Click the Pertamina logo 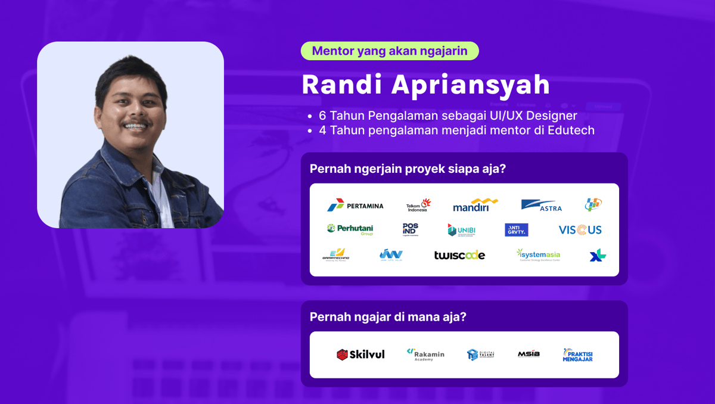(355, 206)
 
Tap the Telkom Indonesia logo (418, 205)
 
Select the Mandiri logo (475, 205)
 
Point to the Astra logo (541, 205)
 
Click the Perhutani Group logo (350, 229)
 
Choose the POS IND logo (411, 229)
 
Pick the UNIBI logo (461, 230)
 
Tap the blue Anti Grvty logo (516, 230)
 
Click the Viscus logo (580, 230)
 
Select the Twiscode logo (459, 255)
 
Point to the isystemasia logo (538, 255)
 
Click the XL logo (598, 255)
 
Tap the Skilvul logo (360, 355)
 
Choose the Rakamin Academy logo (425, 355)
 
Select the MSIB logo (529, 354)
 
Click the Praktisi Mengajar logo (577, 355)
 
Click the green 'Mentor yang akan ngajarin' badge (390, 51)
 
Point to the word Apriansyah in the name (470, 85)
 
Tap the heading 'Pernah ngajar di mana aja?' (388, 317)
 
